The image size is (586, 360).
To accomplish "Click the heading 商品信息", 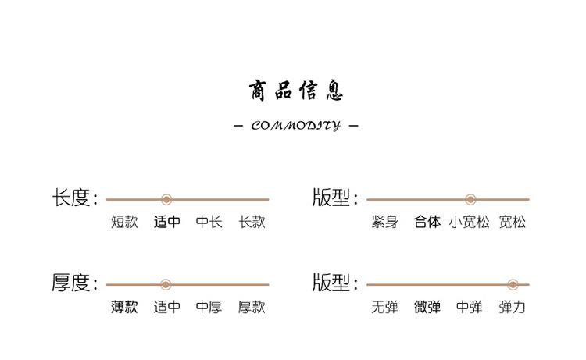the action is point(296,91).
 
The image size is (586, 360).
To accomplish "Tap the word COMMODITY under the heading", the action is point(296,125).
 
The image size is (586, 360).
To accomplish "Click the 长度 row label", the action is point(74,198).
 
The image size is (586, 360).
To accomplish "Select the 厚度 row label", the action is point(74,283).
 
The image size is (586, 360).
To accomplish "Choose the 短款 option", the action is point(124,223).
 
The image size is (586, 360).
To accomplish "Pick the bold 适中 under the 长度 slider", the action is point(166,223).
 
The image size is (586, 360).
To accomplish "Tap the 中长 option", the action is point(209,223).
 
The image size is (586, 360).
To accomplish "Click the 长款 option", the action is point(252,223).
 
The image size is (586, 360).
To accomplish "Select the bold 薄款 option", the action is point(124,308).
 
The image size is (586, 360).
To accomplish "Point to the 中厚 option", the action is point(209,308).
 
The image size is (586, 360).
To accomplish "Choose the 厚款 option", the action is point(252,308).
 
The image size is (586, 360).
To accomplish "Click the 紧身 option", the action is point(384,223).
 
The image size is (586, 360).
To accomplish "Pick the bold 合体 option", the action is point(427,223).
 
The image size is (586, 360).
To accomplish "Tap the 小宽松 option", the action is point(469,223).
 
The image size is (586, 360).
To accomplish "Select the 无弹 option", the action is point(384,308).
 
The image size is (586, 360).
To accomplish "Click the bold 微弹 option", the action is point(427,308).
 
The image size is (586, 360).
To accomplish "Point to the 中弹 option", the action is point(469,308).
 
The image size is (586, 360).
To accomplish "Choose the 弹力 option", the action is point(513,308).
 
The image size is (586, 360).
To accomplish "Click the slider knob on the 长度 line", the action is point(166,200).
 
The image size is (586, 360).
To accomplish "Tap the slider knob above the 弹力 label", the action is point(513,285).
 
